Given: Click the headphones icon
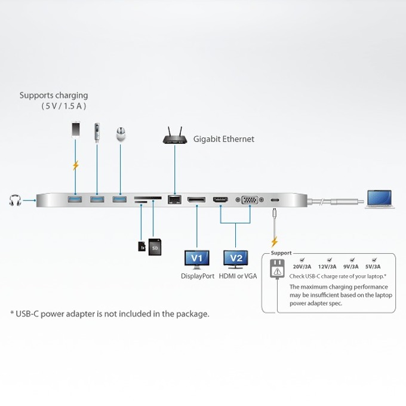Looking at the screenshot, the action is click(x=15, y=200).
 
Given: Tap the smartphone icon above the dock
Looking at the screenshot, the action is click(x=75, y=129).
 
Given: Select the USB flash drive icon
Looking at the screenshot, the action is click(x=97, y=133).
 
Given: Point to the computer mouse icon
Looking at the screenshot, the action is click(x=121, y=134).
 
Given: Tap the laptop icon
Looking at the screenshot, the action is click(x=380, y=199).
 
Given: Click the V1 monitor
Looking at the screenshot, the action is click(x=197, y=260).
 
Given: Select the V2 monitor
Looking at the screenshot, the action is click(x=236, y=260).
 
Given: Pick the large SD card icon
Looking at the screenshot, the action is click(x=155, y=247).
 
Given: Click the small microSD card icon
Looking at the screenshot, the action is click(x=142, y=246).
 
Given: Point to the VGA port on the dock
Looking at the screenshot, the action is click(x=250, y=200).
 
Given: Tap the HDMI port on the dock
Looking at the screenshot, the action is click(x=220, y=199).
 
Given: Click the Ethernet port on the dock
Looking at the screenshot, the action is click(x=174, y=199).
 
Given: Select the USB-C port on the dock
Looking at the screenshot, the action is click(x=275, y=200).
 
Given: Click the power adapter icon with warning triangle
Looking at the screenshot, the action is click(x=277, y=269).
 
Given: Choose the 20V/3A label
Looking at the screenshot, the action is click(x=302, y=266).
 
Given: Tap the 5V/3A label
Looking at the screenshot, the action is click(x=373, y=266).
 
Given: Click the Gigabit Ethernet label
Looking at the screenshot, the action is click(x=224, y=139).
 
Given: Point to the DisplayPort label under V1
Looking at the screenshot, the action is click(x=198, y=276).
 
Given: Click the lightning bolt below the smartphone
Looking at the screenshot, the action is click(x=75, y=165).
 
